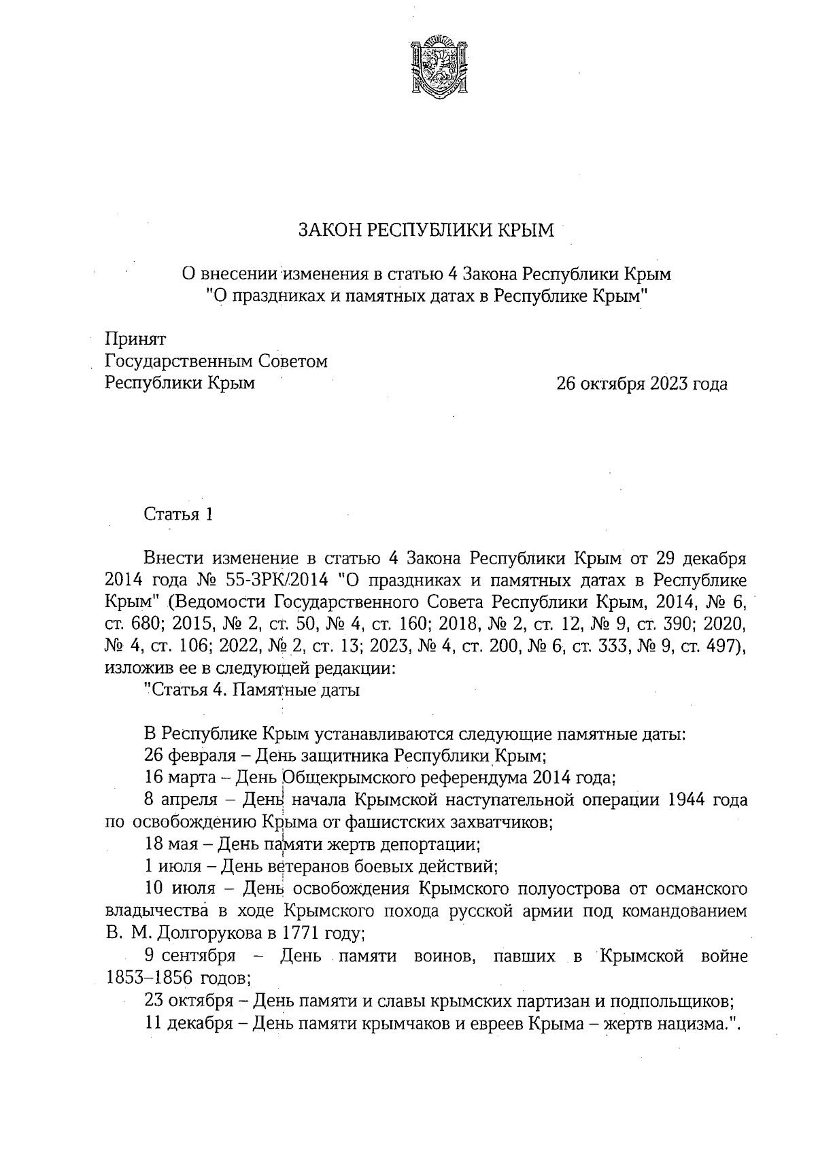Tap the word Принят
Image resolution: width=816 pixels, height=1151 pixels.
135,338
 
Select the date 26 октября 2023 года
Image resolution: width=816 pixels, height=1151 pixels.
642,384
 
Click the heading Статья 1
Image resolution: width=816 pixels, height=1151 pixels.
178,515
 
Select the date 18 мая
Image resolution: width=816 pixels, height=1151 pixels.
169,844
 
